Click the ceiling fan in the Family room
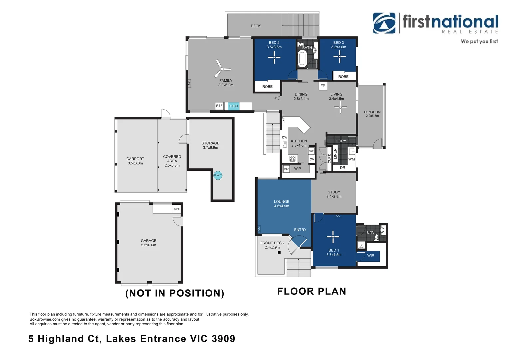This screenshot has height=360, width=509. coord(222,69)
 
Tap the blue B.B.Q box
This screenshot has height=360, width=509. coord(234,106)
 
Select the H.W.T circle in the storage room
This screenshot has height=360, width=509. coord(218,175)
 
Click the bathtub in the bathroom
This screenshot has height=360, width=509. coord(302,59)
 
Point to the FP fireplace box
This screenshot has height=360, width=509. coord(323,86)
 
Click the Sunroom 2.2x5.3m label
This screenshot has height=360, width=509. coord(372,114)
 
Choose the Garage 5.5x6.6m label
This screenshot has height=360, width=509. coord(148,243)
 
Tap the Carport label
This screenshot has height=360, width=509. coord(135,159)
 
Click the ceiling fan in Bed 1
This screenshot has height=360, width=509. coord(333,237)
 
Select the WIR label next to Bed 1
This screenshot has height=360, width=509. coord(371,256)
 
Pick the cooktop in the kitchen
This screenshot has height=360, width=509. coord(292,159)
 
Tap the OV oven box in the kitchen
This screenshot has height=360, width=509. coord(312,159)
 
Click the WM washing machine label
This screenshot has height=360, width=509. coord(351,159)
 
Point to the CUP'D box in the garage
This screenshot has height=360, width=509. coord(176,209)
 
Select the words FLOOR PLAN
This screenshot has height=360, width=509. coord(312,291)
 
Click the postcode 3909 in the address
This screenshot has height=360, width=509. coord(224,339)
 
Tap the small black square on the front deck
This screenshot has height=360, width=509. coord(279,252)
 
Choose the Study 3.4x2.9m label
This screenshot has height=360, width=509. coord(334,194)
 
